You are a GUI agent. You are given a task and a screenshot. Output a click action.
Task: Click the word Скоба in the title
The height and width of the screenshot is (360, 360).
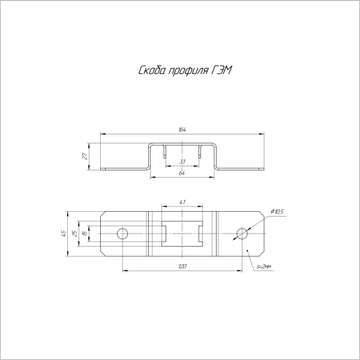click(x=152, y=70)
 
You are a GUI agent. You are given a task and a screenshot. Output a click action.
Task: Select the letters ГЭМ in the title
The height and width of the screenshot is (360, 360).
click(x=221, y=70)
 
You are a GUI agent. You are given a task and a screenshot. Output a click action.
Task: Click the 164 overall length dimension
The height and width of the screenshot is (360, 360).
click(x=182, y=130)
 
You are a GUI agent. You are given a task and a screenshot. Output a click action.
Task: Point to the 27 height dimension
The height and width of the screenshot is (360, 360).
click(x=85, y=157)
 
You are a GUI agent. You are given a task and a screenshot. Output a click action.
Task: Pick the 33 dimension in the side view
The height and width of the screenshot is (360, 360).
click(x=182, y=162)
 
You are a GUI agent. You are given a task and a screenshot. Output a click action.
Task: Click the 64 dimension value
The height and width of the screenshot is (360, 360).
click(x=182, y=173)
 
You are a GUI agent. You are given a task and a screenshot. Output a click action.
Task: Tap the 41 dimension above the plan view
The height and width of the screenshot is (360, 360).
click(x=182, y=202)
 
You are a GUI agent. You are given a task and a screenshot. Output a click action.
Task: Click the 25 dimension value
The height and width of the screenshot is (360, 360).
click(x=75, y=234)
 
